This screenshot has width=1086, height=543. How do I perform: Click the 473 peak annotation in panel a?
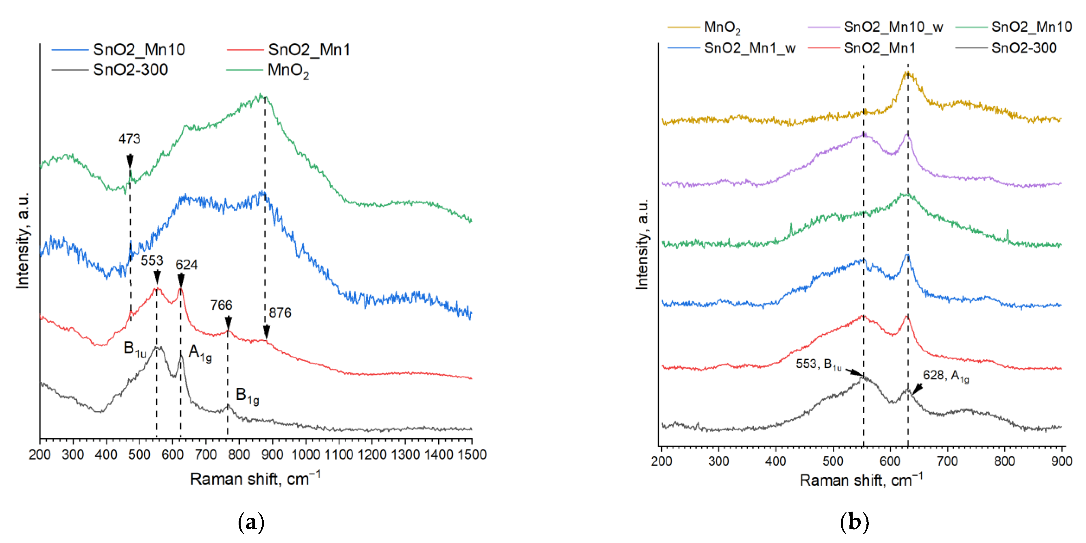129,139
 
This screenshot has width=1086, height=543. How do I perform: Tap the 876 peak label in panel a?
280,313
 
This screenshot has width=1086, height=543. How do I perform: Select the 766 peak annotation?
221,305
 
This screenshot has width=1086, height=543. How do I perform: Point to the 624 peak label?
186,265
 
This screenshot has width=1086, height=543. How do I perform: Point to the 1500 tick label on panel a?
472,455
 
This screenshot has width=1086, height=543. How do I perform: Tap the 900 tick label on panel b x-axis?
1062,461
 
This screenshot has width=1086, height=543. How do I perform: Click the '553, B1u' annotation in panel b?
818,364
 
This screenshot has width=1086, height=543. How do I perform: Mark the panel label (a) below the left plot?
251,522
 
